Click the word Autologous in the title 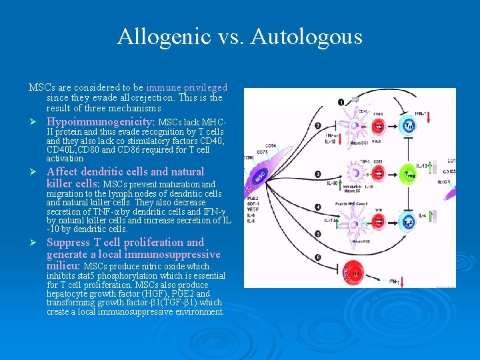[x=307, y=36]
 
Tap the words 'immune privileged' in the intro [x=187, y=87]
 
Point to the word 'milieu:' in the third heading [x=64, y=266]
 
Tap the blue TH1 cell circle [x=409, y=125]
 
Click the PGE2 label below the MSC [x=253, y=198]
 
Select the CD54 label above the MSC [x=271, y=145]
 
